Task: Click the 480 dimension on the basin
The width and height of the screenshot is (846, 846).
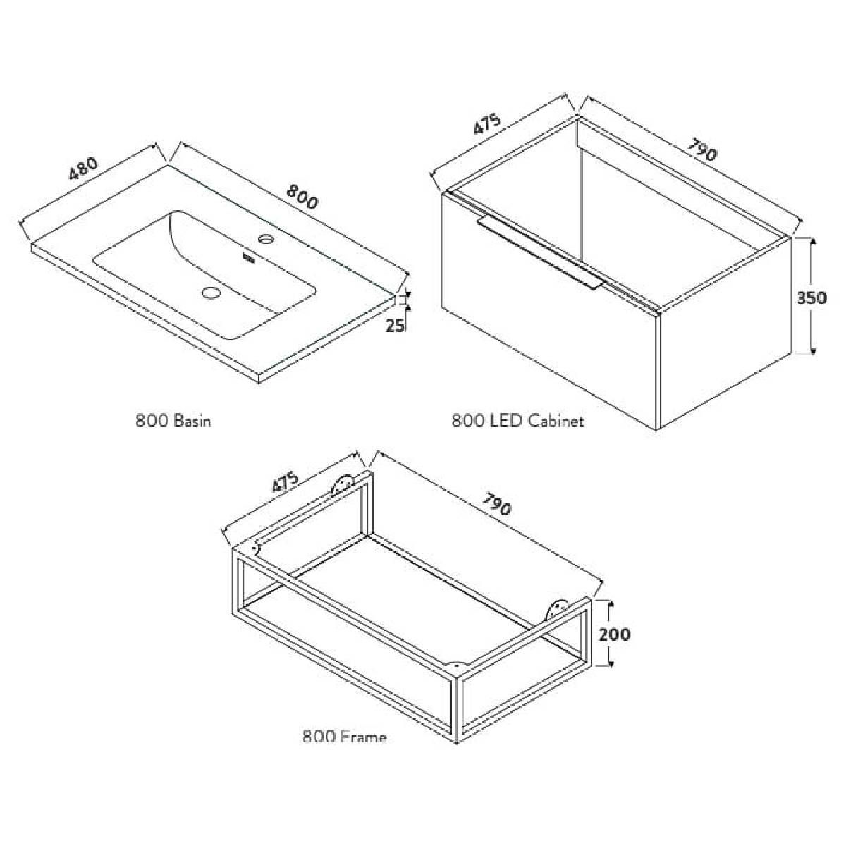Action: [82, 169]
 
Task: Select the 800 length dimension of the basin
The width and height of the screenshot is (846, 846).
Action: [301, 197]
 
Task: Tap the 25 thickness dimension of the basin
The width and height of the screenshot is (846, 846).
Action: [395, 325]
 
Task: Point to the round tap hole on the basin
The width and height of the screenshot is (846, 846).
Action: [266, 239]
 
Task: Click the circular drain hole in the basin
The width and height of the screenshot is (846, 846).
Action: [212, 292]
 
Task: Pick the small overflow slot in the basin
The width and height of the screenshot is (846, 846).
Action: [248, 259]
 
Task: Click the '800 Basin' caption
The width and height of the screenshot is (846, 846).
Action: [173, 421]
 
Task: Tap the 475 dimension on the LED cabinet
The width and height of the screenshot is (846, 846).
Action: [487, 125]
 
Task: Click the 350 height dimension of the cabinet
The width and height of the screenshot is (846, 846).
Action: [811, 298]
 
